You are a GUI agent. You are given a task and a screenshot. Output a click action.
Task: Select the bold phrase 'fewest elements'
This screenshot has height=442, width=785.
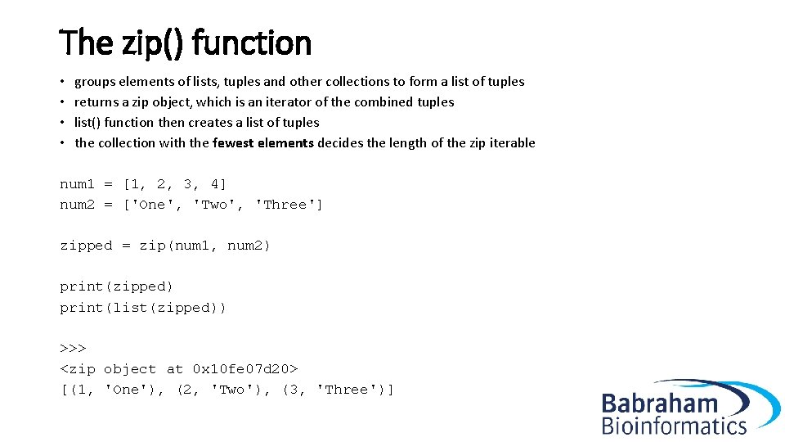[262, 142]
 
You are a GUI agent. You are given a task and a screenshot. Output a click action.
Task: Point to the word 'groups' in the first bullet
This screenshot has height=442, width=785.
[95, 81]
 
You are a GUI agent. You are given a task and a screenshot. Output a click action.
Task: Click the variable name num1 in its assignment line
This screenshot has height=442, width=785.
[77, 183]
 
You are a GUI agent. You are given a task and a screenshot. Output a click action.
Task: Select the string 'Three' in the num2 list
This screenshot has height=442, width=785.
[286, 204]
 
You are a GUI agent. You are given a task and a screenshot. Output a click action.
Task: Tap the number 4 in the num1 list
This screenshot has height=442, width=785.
[214, 183]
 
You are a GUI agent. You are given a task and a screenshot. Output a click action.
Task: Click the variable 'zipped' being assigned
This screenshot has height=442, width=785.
[86, 246]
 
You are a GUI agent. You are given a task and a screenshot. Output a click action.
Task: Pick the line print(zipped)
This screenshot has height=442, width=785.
[117, 286]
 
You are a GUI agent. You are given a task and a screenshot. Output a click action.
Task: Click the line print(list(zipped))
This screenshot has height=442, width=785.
[143, 308]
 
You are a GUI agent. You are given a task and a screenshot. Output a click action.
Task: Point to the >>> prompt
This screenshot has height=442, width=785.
[73, 348]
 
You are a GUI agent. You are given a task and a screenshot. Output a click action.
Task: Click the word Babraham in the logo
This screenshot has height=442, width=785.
[659, 404]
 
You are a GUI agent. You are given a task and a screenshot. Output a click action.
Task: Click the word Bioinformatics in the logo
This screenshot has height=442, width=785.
[674, 425]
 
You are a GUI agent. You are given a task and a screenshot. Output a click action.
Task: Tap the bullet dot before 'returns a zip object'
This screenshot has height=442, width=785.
[63, 102]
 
